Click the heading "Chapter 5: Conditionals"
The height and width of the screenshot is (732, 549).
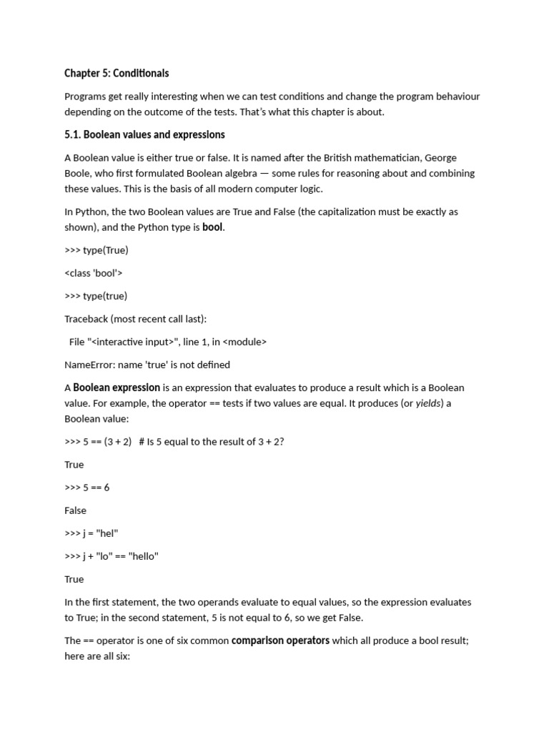[x=117, y=74]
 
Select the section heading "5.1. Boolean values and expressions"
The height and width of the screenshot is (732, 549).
[x=144, y=134]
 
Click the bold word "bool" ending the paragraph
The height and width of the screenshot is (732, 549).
[x=212, y=227]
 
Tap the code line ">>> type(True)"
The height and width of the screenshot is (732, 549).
[x=97, y=250]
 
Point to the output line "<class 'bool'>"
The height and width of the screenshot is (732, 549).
[x=94, y=273]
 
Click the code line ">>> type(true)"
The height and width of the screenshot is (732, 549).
[x=96, y=296]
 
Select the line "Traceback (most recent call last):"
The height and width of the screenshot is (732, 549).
[x=135, y=319]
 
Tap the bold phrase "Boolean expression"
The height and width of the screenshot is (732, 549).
[x=117, y=387]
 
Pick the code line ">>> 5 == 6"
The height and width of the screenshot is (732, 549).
[x=86, y=488]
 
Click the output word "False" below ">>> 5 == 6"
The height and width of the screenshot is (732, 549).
[x=75, y=510]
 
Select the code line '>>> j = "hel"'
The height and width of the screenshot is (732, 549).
[x=91, y=533]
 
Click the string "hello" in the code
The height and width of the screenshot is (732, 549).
[x=144, y=556]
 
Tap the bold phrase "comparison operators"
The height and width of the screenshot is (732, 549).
[x=280, y=640]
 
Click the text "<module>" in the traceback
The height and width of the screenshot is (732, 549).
[x=244, y=342]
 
